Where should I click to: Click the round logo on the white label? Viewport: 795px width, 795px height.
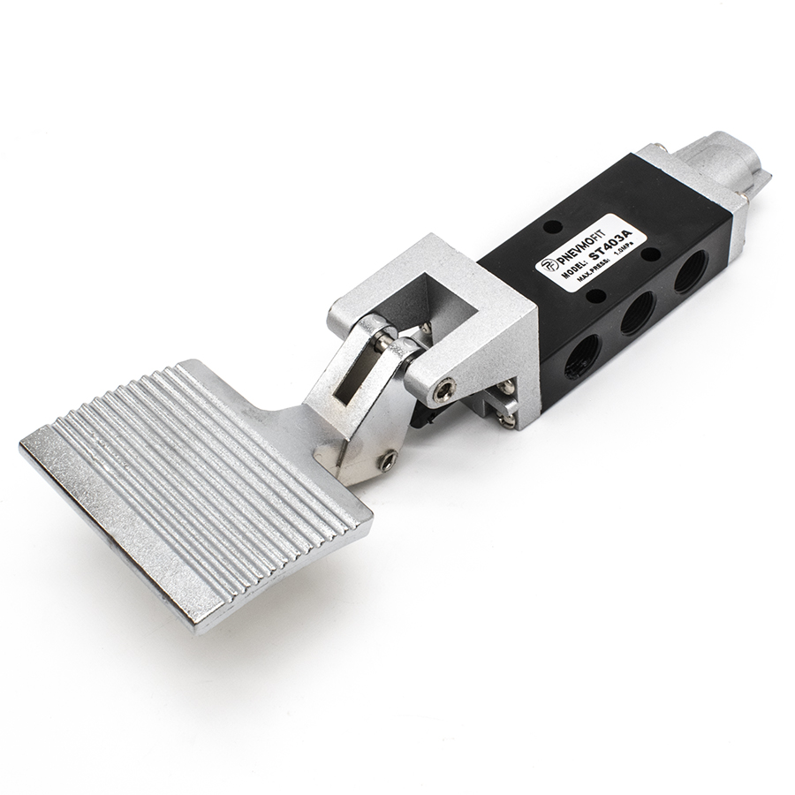click(x=548, y=267)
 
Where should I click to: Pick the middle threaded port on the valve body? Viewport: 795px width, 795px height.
click(x=637, y=314)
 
